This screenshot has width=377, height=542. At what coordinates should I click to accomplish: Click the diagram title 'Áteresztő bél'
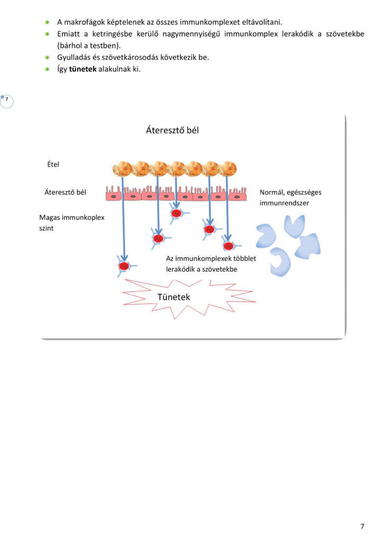click(x=172, y=130)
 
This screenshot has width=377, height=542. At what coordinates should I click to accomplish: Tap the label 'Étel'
click(x=53, y=164)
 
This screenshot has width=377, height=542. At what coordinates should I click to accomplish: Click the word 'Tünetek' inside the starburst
click(x=173, y=297)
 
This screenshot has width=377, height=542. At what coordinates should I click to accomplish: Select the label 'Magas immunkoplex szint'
click(x=71, y=223)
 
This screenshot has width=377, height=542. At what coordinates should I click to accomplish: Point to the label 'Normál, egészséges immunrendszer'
click(x=290, y=197)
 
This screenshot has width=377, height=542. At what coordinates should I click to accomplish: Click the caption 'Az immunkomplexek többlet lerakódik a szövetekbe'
click(x=211, y=264)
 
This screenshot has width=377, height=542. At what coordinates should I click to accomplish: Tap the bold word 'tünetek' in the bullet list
click(x=83, y=69)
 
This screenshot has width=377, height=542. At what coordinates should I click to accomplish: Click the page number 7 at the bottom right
click(x=362, y=526)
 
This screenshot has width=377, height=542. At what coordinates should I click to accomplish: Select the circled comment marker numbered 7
click(x=6, y=102)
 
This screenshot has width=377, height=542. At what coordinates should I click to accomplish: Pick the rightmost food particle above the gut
click(x=228, y=168)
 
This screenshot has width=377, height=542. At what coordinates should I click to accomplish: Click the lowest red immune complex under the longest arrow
click(x=124, y=266)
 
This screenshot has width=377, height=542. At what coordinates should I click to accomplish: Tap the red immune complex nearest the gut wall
click(x=176, y=213)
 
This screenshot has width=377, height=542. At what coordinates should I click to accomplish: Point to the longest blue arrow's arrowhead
click(x=124, y=258)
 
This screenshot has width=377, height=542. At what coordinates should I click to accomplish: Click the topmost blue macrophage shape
click(x=295, y=226)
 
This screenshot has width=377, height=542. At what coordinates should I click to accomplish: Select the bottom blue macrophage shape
click(x=281, y=262)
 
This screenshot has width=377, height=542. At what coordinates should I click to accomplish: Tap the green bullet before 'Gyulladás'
click(x=47, y=57)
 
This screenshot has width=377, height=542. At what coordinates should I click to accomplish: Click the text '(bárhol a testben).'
click(x=89, y=46)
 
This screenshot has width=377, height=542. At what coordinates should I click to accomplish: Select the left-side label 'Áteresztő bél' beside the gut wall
click(x=65, y=192)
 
